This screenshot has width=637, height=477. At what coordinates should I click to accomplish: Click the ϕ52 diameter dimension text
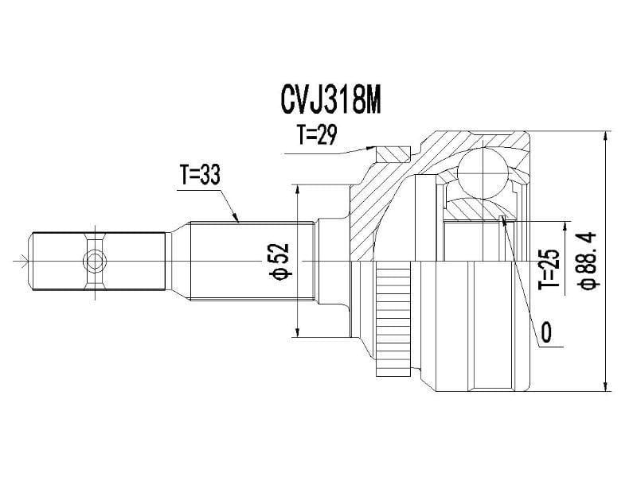point(279,262)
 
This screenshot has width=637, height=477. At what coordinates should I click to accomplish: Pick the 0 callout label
point(546,332)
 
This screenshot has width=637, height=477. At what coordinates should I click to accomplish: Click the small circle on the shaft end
point(95,260)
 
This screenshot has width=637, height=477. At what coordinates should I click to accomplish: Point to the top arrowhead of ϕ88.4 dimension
point(606,134)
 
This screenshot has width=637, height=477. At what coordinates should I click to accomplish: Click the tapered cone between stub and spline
point(178,260)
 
